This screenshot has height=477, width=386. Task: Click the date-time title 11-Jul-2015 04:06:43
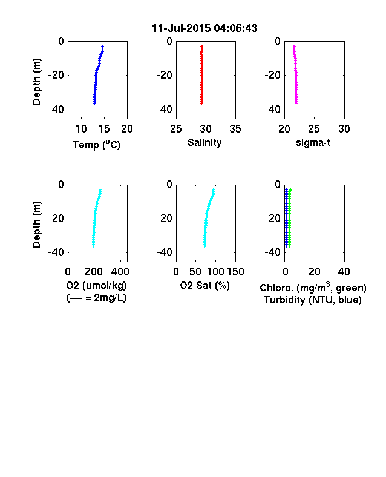pyautogui.click(x=204, y=28)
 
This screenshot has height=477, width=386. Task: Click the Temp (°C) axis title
pyautogui.click(x=96, y=145)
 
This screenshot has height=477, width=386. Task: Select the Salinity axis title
pyautogui.click(x=204, y=142)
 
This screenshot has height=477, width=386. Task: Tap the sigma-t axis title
pyautogui.click(x=313, y=142)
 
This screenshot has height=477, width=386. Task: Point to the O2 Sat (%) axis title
pyautogui.click(x=205, y=285)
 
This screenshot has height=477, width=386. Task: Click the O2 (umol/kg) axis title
pyautogui.click(x=96, y=285)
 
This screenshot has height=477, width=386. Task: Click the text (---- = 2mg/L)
pyautogui.click(x=96, y=297)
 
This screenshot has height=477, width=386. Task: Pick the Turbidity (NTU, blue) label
pyautogui.click(x=313, y=300)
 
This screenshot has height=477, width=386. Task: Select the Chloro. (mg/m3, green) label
pyautogui.click(x=313, y=287)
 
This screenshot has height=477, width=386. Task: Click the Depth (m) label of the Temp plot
pyautogui.click(x=36, y=82)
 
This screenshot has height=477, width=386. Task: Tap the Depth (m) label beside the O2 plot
pyautogui.click(x=36, y=225)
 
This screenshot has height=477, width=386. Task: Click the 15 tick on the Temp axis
pyautogui.click(x=104, y=129)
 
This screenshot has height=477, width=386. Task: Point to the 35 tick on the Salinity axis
pyautogui.click(x=235, y=129)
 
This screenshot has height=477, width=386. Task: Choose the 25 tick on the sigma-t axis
pyautogui.click(x=314, y=129)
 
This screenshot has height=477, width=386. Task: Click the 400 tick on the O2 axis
pyautogui.click(x=120, y=272)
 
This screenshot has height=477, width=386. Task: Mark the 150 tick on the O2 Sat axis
pyautogui.click(x=235, y=272)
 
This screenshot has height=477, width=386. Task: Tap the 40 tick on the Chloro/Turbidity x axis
pyautogui.click(x=344, y=272)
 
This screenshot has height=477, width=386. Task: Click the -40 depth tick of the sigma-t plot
pyautogui.click(x=273, y=109)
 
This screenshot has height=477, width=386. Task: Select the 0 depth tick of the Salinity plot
pyautogui.click(x=169, y=41)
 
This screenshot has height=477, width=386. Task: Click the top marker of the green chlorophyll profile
pyautogui.click(x=290, y=190)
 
